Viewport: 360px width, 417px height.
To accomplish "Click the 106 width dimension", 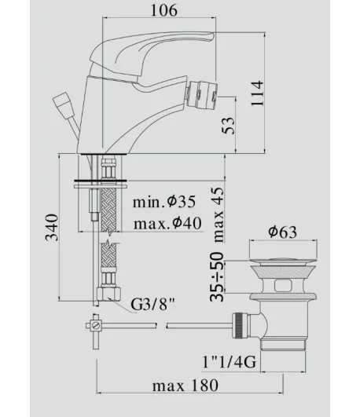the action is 163,11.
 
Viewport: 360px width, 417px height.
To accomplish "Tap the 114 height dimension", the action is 257,93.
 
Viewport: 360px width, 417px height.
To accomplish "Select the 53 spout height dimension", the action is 228,126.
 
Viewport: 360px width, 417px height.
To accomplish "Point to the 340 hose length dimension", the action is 51,228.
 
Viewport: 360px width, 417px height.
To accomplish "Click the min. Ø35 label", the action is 164,202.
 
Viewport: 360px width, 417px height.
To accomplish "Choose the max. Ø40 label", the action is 167,223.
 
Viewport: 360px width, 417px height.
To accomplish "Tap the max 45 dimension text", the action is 218,214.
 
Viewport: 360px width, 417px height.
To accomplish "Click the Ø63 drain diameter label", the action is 282,232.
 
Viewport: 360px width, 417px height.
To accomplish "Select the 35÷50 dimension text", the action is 217,276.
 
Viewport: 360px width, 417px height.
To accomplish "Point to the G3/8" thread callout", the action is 152,305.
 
